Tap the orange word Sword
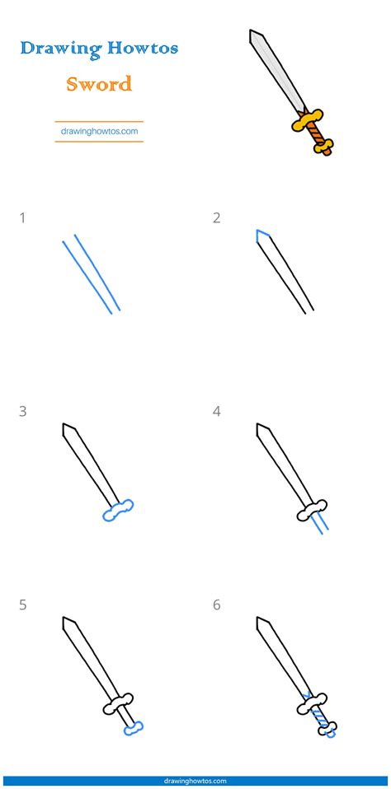pyautogui.click(x=99, y=83)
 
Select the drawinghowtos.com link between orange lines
pyautogui.click(x=99, y=130)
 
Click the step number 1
pyautogui.click(x=22, y=218)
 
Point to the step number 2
pyautogui.click(x=216, y=218)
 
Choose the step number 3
pyautogui.click(x=22, y=411)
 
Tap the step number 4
pyautogui.click(x=217, y=411)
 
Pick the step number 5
pyautogui.click(x=22, y=605)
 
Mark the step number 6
pyautogui.click(x=217, y=605)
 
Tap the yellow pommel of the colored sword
pyautogui.click(x=326, y=148)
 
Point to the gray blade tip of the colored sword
pyautogui.click(x=256, y=37)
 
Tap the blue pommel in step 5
pyautogui.click(x=133, y=727)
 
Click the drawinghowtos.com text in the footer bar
pyautogui.click(x=195, y=781)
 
